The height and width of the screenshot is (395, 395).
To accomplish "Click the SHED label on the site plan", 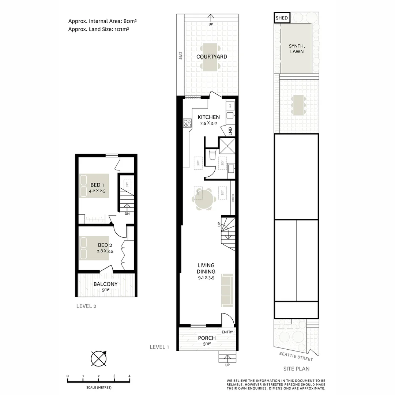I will (x=282, y=18).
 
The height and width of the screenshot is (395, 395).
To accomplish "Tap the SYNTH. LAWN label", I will (x=296, y=49).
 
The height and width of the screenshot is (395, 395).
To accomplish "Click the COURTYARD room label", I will (x=211, y=57).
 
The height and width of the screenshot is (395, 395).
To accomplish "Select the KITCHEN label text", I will (x=209, y=117).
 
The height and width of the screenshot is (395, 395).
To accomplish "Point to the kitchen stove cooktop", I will (x=187, y=123).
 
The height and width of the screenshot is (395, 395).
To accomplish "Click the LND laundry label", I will (x=230, y=131).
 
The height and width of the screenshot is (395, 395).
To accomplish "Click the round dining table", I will (x=203, y=199).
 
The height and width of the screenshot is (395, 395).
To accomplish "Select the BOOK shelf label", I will (x=233, y=197).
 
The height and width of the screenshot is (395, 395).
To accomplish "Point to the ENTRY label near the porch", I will (x=227, y=332).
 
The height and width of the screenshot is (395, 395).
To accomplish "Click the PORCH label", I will (x=207, y=338).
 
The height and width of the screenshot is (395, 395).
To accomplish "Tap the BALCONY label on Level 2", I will (x=105, y=284).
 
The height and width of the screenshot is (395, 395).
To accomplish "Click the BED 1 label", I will (x=98, y=185).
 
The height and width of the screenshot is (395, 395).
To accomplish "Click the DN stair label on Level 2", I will (x=127, y=214).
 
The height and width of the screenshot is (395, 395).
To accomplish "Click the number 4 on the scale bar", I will (x=129, y=376).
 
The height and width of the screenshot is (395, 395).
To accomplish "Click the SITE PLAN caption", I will (x=296, y=369).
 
